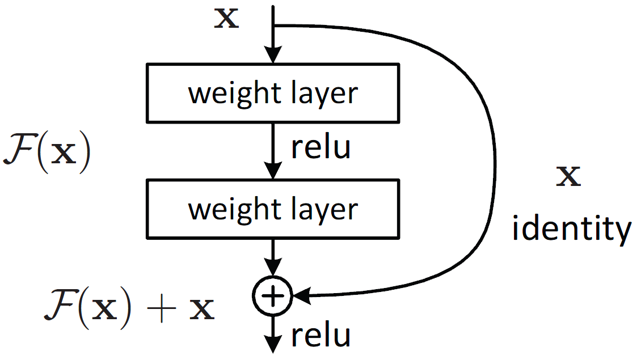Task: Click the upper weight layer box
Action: [x=273, y=92]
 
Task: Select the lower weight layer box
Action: [x=273, y=209]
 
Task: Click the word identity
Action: [x=571, y=230]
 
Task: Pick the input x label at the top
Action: [x=226, y=19]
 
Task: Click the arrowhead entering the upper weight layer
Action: [x=273, y=56]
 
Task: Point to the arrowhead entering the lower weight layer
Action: [x=273, y=172]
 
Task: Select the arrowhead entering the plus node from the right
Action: [x=301, y=295]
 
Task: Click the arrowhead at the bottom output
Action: [x=273, y=345]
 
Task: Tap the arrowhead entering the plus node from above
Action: [x=273, y=268]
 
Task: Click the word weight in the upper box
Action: [x=230, y=94]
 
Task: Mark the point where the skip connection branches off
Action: [x=273, y=26]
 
